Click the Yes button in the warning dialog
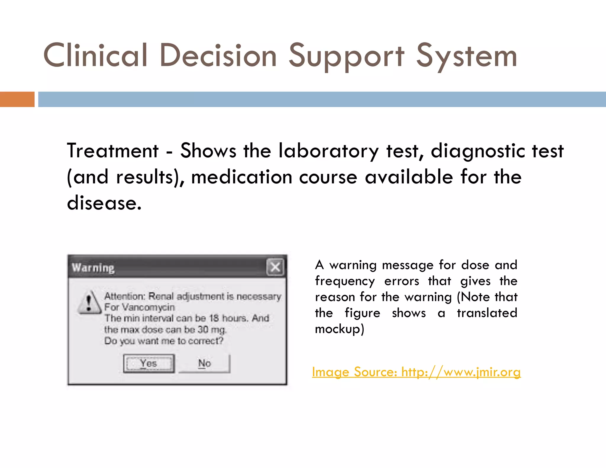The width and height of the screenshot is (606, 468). coord(149,364)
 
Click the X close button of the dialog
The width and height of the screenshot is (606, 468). coord(275,267)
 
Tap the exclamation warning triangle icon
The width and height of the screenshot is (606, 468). coord(89,302)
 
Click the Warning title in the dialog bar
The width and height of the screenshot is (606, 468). coord(93,268)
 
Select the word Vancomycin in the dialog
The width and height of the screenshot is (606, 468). coord(148,307)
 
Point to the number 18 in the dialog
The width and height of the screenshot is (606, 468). coord(214,318)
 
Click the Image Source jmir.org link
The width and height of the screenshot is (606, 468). coord(416,372)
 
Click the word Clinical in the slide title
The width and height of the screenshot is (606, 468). coord(95,56)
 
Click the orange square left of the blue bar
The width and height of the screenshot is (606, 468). coord(17,99)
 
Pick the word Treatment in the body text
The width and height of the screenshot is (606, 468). coord(113,151)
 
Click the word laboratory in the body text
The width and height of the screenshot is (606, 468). coord(328,151)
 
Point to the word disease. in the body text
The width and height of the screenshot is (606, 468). coord(104,203)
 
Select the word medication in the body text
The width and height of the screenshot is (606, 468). coord(241,177)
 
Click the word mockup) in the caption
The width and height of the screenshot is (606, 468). coord(339,329)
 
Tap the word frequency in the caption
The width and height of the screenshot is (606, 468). coord(345,281)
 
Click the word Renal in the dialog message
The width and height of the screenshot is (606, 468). coord(161,296)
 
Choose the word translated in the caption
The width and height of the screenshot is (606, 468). coord(487,313)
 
